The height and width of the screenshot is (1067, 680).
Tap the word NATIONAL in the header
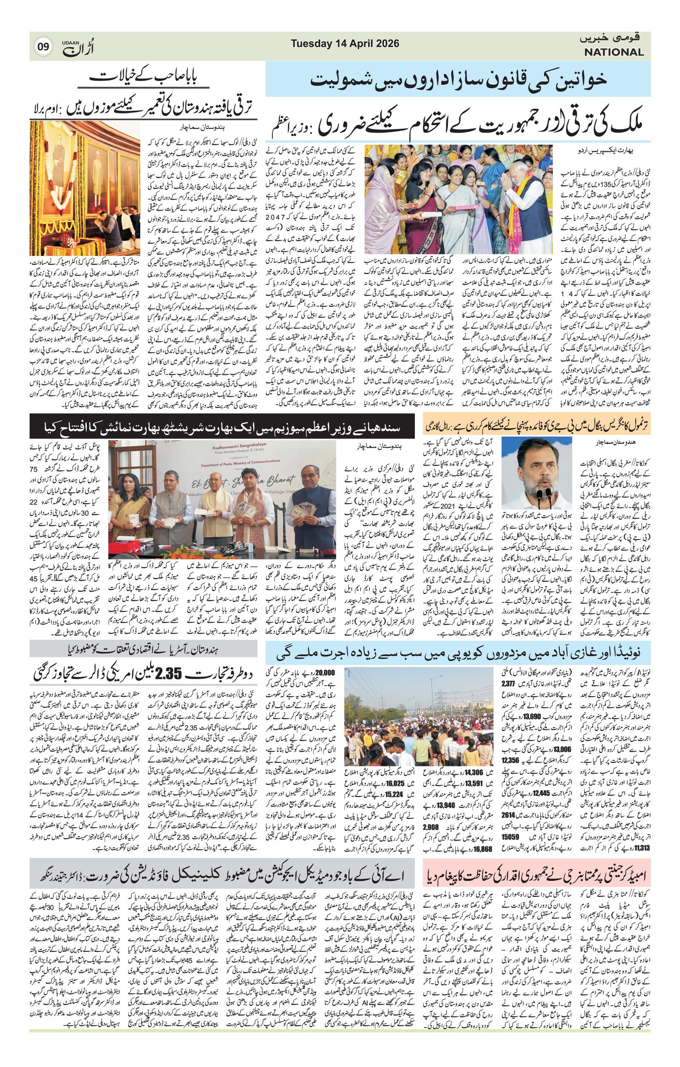[x=614, y=52]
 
